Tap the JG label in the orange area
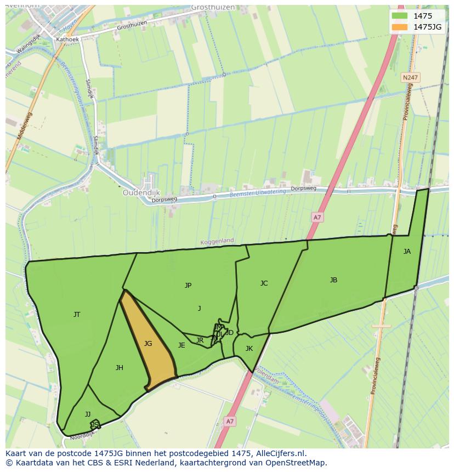tap(148, 344)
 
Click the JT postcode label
tap(77, 315)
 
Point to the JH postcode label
tap(120, 368)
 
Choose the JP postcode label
tap(188, 286)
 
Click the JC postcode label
tap(264, 283)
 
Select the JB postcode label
tap(333, 280)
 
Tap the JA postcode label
tap(407, 252)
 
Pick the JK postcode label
tap(249, 349)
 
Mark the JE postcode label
tap(181, 345)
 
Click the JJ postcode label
tap(88, 414)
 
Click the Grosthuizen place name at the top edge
tap(213, 7)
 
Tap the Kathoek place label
tap(67, 39)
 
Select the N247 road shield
tap(409, 78)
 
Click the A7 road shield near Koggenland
tap(317, 218)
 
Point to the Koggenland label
tap(217, 241)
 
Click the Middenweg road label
tap(25, 126)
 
